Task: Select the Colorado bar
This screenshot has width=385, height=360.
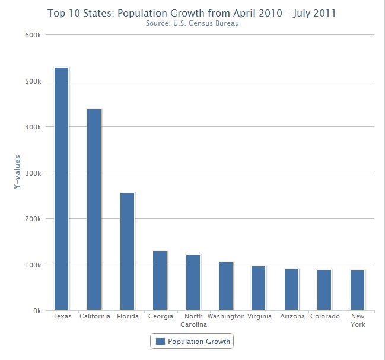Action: tap(324, 290)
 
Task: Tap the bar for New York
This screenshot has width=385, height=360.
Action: tap(358, 290)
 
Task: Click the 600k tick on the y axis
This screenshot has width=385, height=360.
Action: tap(33, 35)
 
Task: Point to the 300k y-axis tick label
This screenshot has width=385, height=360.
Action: tap(33, 173)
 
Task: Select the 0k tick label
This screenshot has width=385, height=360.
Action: tap(36, 311)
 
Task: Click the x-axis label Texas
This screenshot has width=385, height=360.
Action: tap(62, 317)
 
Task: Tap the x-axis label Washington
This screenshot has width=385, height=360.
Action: tap(226, 317)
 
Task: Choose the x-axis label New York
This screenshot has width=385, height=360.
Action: tap(358, 320)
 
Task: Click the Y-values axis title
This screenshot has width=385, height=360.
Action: tap(18, 173)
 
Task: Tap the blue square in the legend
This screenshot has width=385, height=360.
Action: tap(160, 342)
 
